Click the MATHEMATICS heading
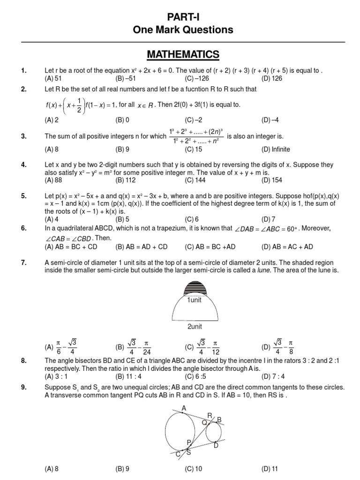[183, 55]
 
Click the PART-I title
[183, 17]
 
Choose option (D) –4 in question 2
[270, 120]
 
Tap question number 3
[24, 136]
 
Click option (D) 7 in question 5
[268, 218]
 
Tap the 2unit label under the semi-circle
[195, 326]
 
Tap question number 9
[24, 387]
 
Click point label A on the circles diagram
[184, 409]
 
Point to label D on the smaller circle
[216, 445]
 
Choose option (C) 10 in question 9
[194, 468]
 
